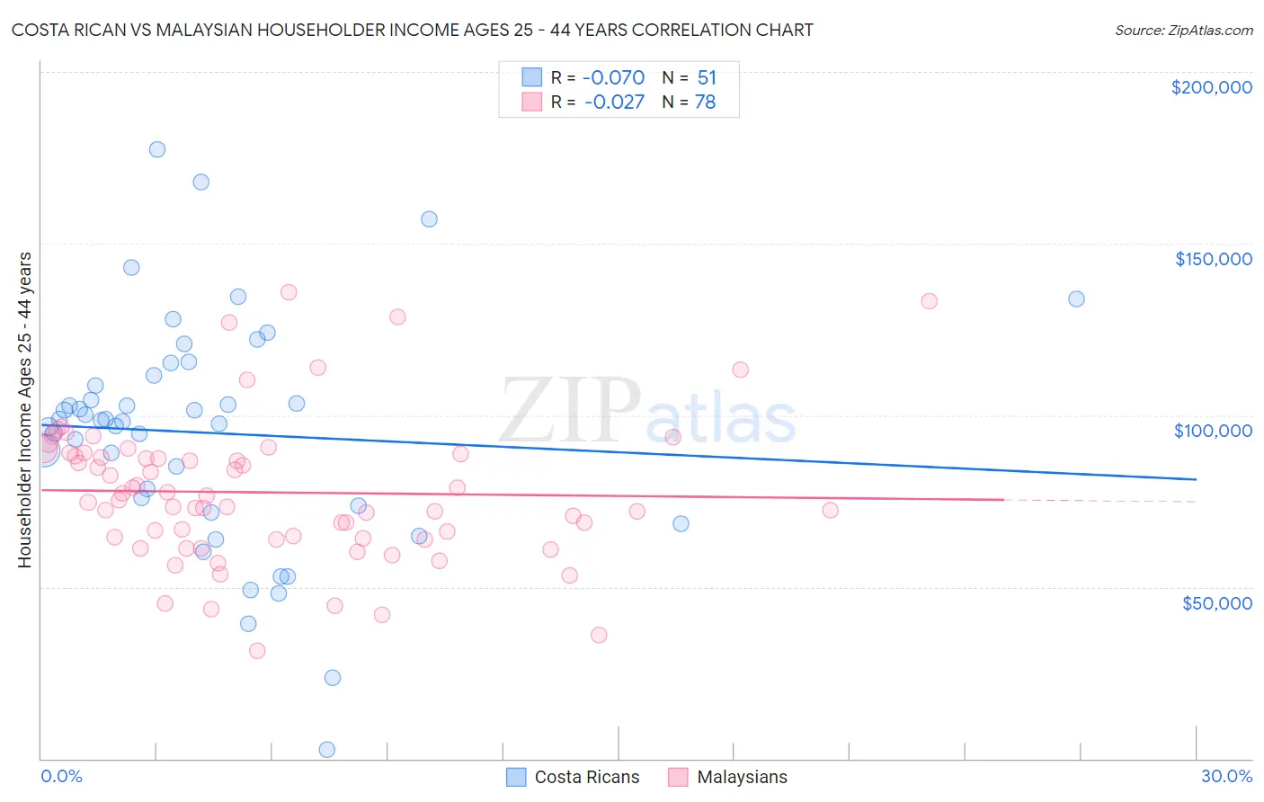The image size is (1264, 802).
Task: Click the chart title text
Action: point(412,30)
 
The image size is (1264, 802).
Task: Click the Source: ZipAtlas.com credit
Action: point(1183,30)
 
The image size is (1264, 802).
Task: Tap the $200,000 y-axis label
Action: point(1211,87)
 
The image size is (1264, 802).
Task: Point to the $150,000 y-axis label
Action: point(1213,259)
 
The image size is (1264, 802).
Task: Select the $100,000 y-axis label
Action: point(1213,431)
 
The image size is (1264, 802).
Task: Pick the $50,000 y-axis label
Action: point(1216,602)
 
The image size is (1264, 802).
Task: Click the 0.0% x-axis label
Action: point(61,776)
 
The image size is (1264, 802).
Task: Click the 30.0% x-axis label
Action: point(1226,776)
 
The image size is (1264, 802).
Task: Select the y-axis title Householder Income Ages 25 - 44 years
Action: point(25,410)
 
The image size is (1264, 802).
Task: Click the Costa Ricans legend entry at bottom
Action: point(573,777)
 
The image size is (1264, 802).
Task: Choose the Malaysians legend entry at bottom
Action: point(728,777)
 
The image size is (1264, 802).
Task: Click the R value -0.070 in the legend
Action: point(614,78)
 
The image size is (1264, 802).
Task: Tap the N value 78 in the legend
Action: point(705,102)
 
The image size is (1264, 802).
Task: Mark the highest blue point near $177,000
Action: point(157,149)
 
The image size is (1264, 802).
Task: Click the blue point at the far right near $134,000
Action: point(1076,299)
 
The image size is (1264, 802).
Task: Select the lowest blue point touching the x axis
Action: point(327,750)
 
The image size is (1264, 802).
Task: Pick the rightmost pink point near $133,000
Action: point(929,301)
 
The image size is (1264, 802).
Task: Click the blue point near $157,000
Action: point(429,219)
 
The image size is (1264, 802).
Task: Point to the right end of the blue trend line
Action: point(1196,479)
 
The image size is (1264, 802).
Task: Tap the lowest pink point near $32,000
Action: point(257,651)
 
